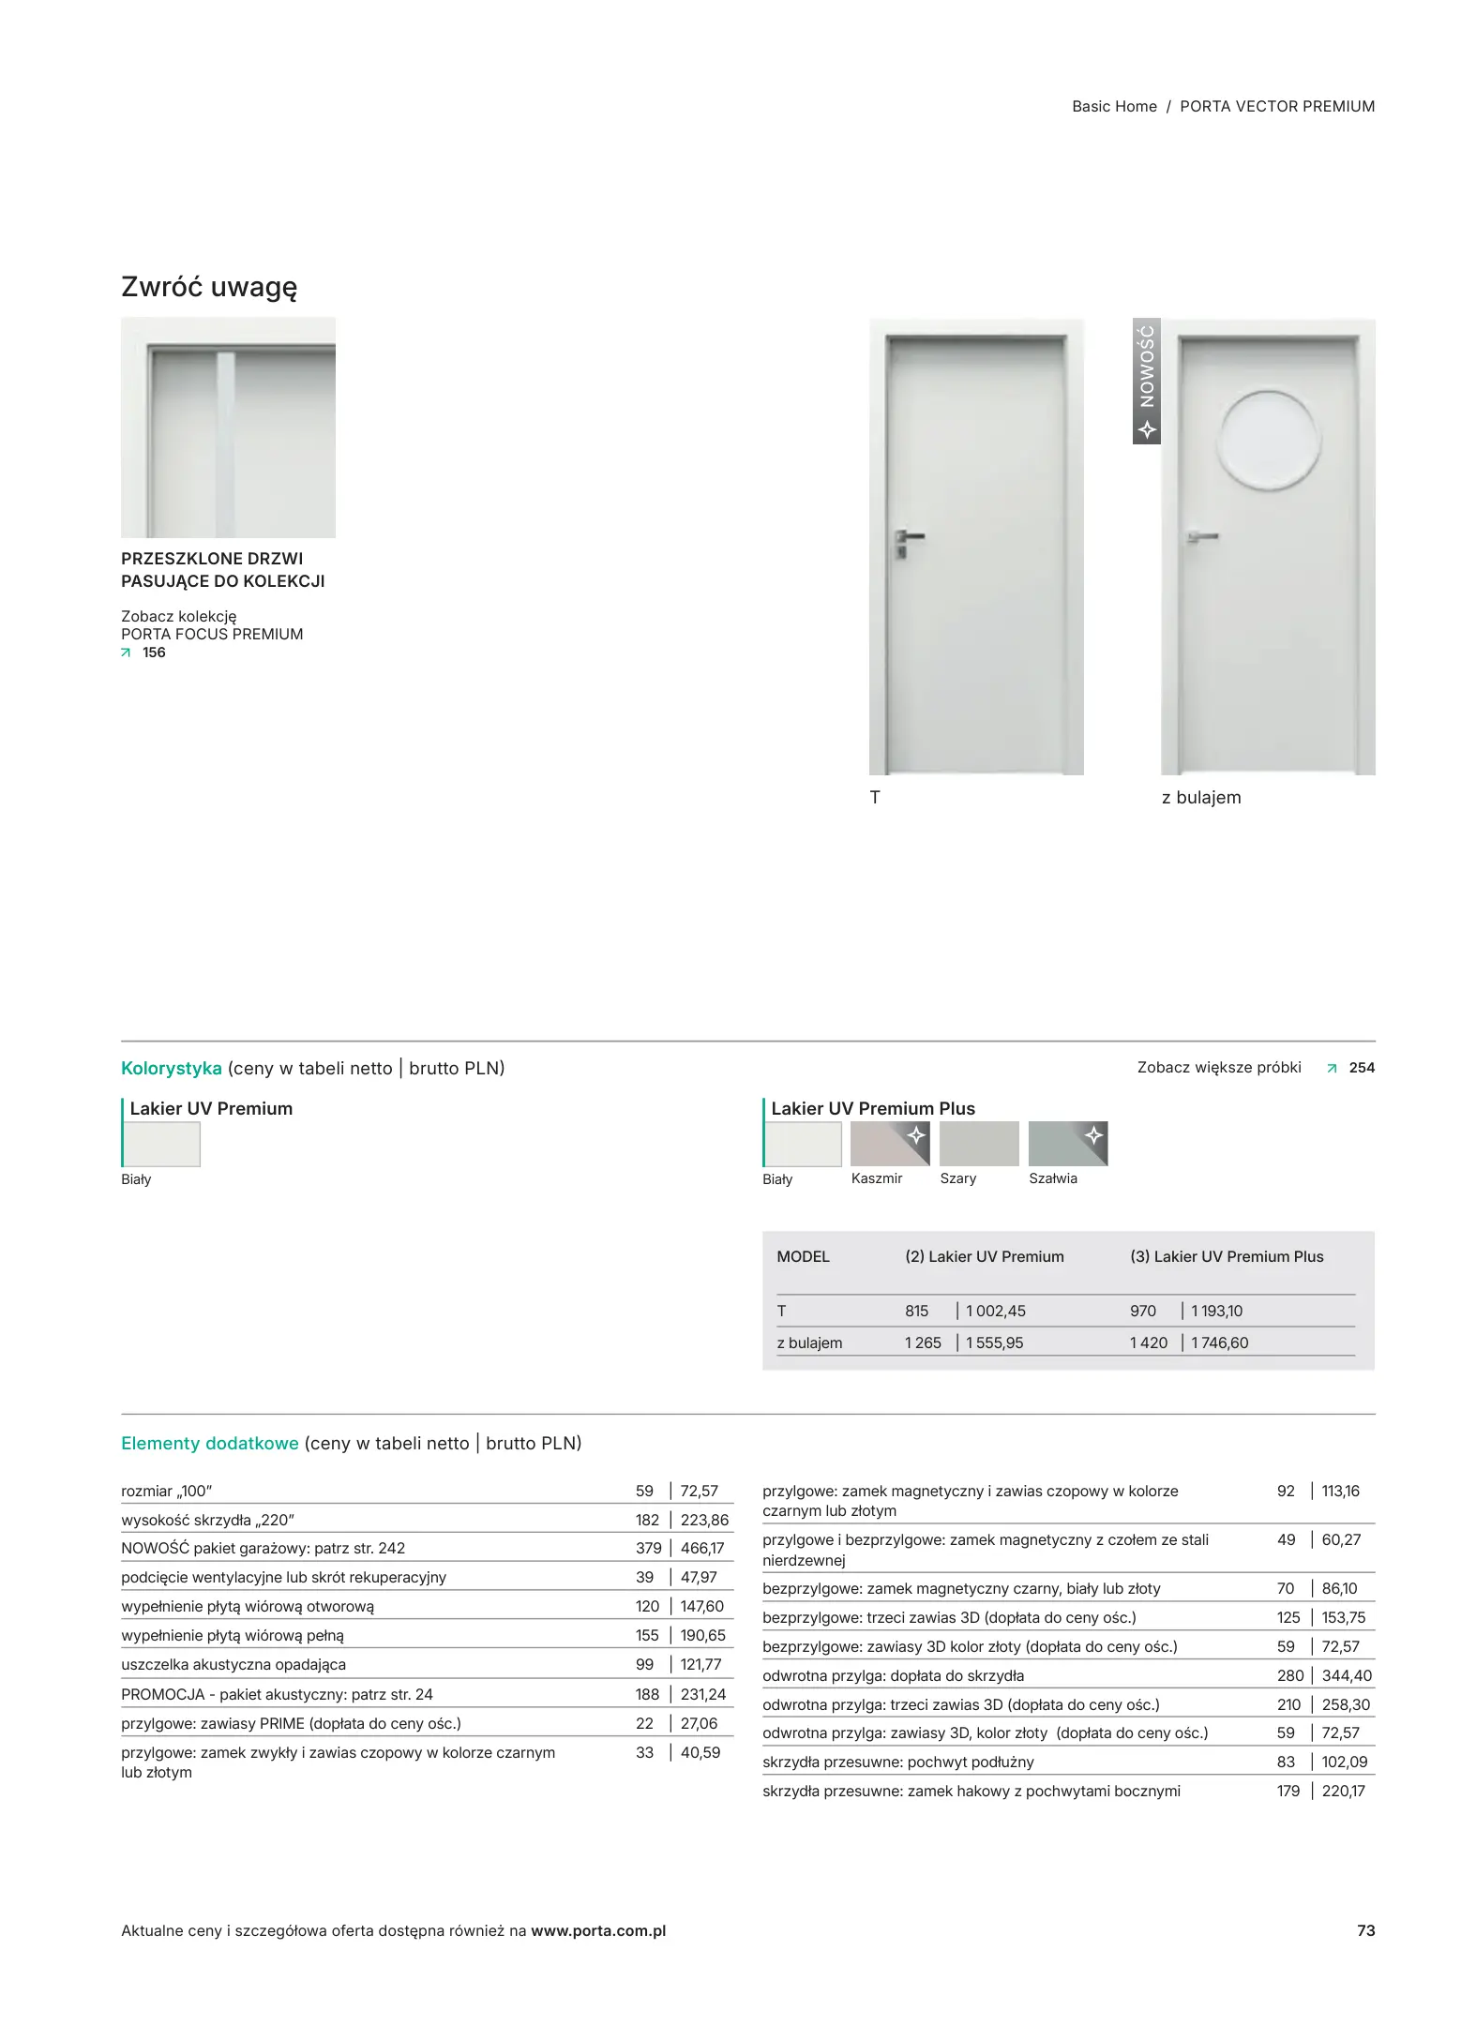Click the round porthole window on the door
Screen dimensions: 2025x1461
pyautogui.click(x=1268, y=441)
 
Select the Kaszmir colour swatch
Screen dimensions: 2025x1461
pyautogui.click(x=889, y=1143)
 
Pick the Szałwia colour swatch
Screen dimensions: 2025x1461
pyautogui.click(x=1067, y=1143)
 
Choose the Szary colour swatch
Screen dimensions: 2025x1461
pyautogui.click(x=978, y=1143)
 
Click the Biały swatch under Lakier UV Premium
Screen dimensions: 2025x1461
pyautogui.click(x=162, y=1144)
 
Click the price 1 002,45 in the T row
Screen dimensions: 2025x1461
pyautogui.click(x=995, y=1311)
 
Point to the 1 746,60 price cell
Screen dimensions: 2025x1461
pyautogui.click(x=1219, y=1342)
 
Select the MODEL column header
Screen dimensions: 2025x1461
pyautogui.click(x=803, y=1256)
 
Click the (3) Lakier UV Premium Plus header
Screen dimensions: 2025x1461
pyautogui.click(x=1226, y=1256)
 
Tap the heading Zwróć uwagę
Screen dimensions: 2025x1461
pyautogui.click(x=209, y=287)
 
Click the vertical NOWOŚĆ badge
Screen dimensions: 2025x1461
pyautogui.click(x=1146, y=381)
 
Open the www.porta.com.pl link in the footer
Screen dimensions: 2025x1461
pyautogui.click(x=598, y=1930)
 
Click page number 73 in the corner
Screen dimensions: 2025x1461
pyautogui.click(x=1365, y=1930)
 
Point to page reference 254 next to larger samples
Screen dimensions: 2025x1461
pyautogui.click(x=1361, y=1067)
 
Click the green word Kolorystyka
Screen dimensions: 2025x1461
pyautogui.click(x=171, y=1068)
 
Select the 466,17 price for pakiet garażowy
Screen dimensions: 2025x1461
pyautogui.click(x=702, y=1548)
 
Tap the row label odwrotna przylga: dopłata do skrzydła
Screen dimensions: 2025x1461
pyautogui.click(x=893, y=1675)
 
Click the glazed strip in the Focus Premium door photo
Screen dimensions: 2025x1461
pyautogui.click(x=226, y=441)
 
